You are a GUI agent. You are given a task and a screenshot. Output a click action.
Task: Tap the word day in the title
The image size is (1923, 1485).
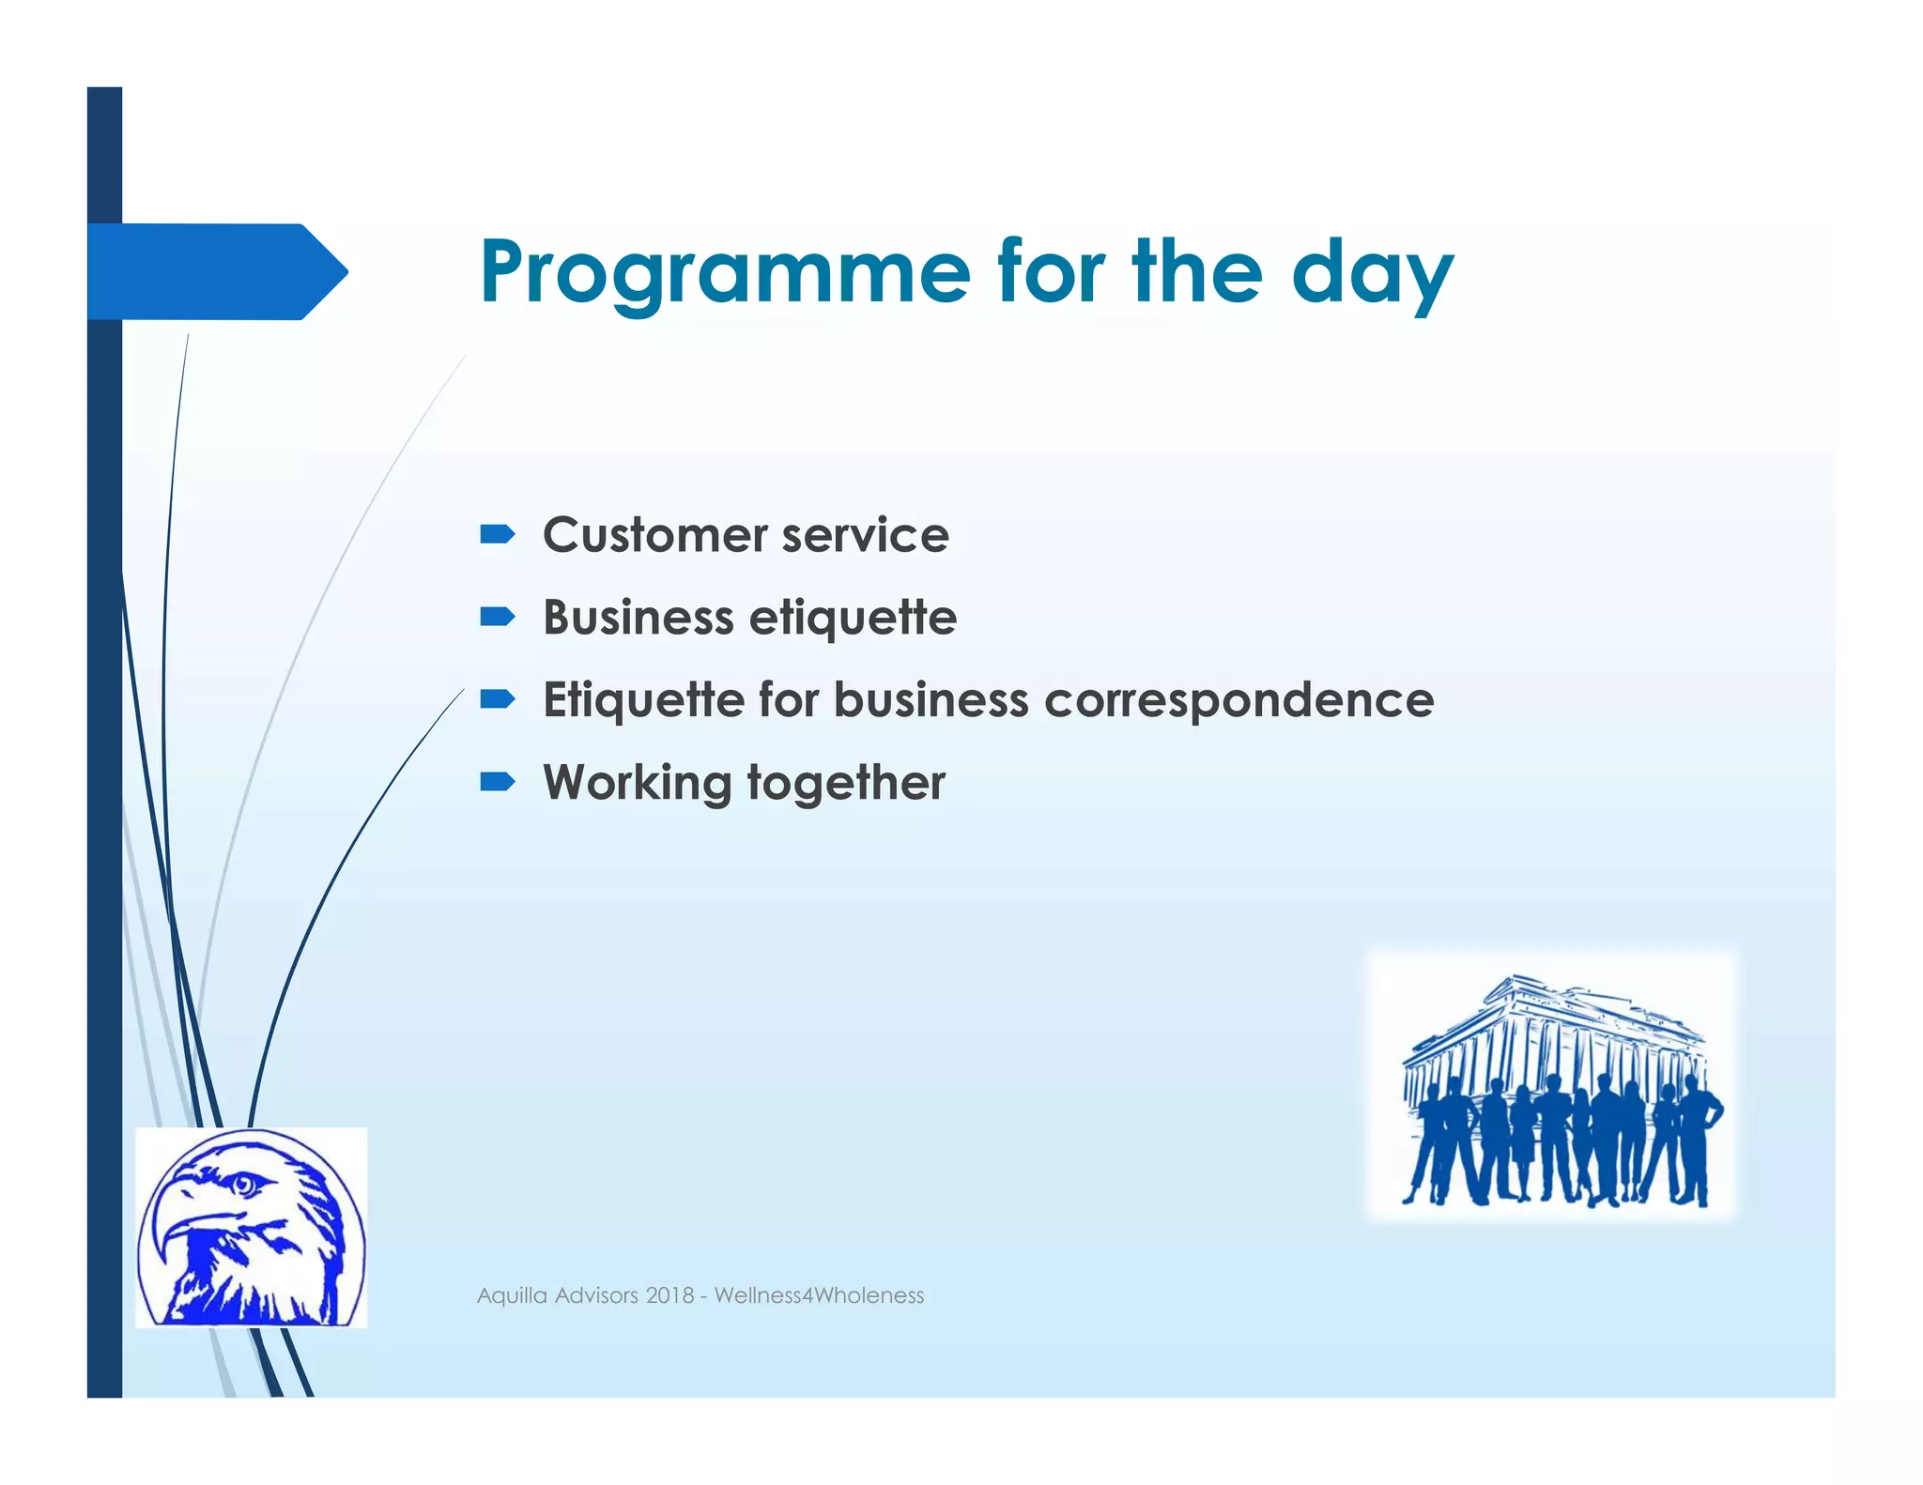click(x=1372, y=273)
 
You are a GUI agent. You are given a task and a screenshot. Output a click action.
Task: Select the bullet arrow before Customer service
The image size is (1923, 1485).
click(x=497, y=535)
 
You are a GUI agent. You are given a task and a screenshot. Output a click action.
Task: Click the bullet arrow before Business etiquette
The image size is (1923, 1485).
click(x=497, y=617)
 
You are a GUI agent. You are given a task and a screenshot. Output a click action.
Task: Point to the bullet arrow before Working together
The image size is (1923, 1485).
click(x=497, y=782)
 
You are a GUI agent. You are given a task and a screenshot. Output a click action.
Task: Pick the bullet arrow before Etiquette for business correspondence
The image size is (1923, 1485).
click(x=497, y=699)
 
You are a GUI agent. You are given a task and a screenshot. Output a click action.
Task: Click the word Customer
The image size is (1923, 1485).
click(x=654, y=535)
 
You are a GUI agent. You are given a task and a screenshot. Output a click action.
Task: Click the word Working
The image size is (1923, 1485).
click(x=638, y=783)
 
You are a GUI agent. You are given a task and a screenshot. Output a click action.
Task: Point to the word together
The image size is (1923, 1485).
click(x=846, y=783)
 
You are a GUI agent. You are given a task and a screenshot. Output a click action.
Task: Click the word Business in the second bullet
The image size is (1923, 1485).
click(x=638, y=618)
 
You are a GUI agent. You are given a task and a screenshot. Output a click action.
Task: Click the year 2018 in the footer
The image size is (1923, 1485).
click(x=669, y=1295)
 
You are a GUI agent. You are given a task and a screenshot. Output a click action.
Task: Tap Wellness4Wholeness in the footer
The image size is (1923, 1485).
click(x=819, y=1295)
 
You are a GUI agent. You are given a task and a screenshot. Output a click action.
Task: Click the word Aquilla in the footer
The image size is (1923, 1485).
click(x=512, y=1295)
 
